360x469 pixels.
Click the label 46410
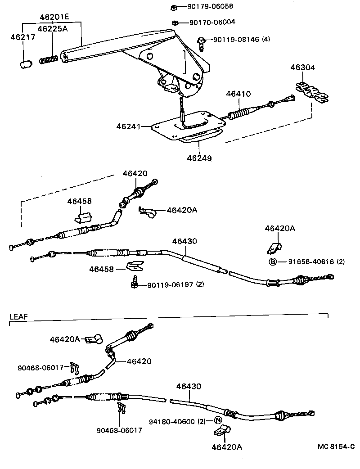[x=238, y=94]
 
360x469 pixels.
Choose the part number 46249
[x=200, y=158]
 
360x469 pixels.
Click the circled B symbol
[x=272, y=262]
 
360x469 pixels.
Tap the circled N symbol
[x=218, y=421]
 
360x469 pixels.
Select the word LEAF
[x=18, y=316]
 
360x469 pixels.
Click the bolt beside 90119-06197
[x=134, y=284]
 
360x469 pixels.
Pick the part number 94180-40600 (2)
[x=177, y=421]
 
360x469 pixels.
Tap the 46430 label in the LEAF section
[x=189, y=386]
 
